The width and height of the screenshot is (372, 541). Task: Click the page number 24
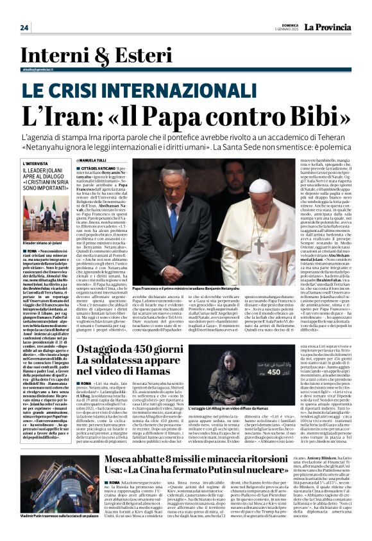tap(24, 27)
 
